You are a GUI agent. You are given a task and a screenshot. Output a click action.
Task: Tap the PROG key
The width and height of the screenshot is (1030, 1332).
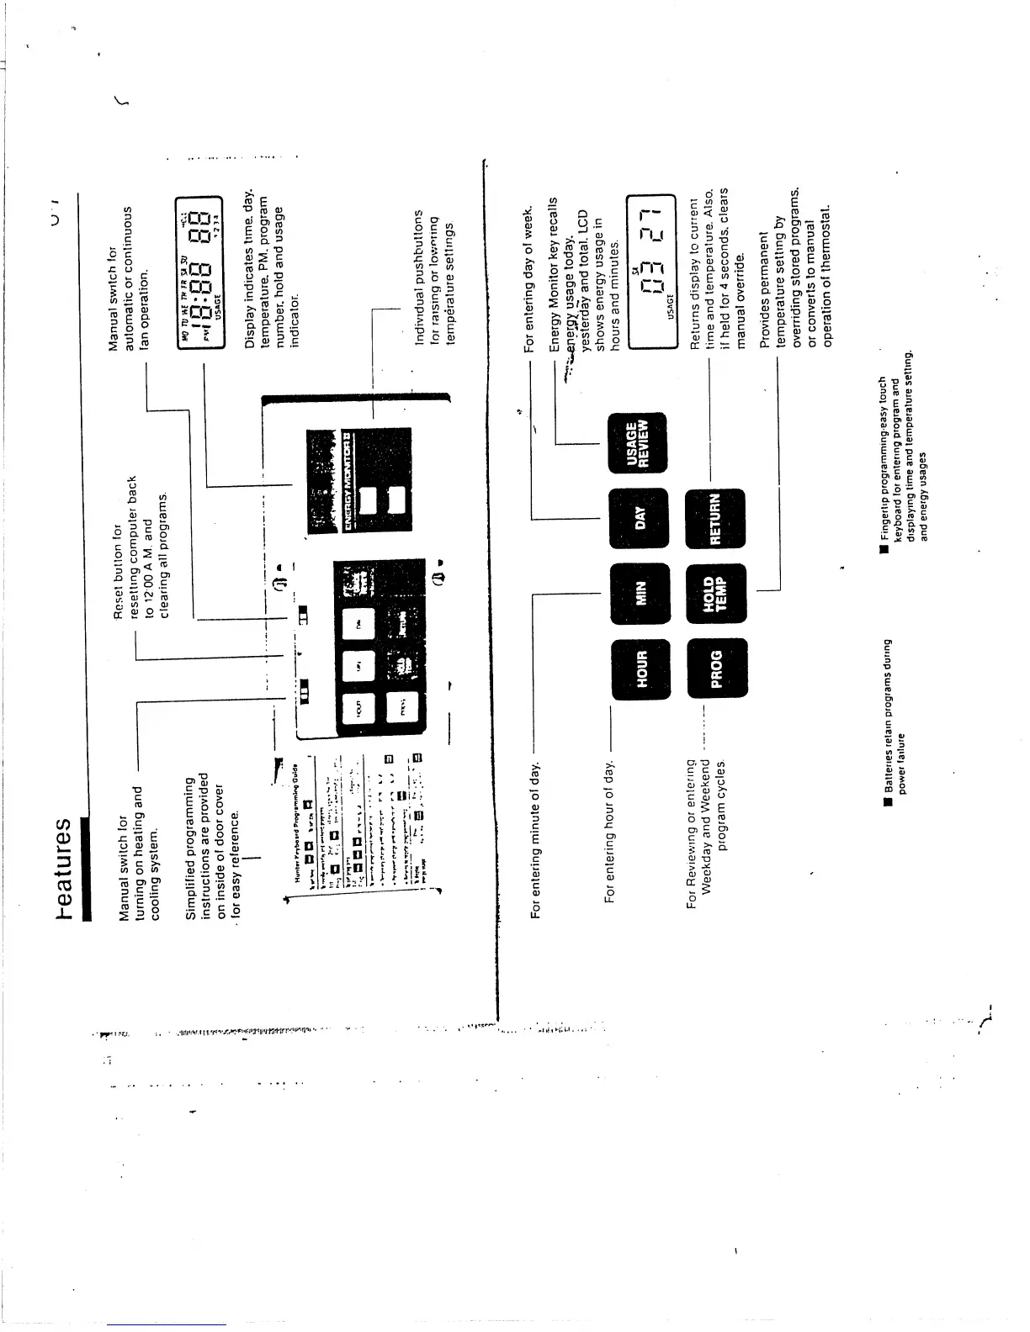716,669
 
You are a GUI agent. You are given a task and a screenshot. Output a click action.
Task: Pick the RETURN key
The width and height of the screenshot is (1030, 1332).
716,517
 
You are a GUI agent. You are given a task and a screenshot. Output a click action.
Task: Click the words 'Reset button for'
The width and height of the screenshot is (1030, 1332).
118,572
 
